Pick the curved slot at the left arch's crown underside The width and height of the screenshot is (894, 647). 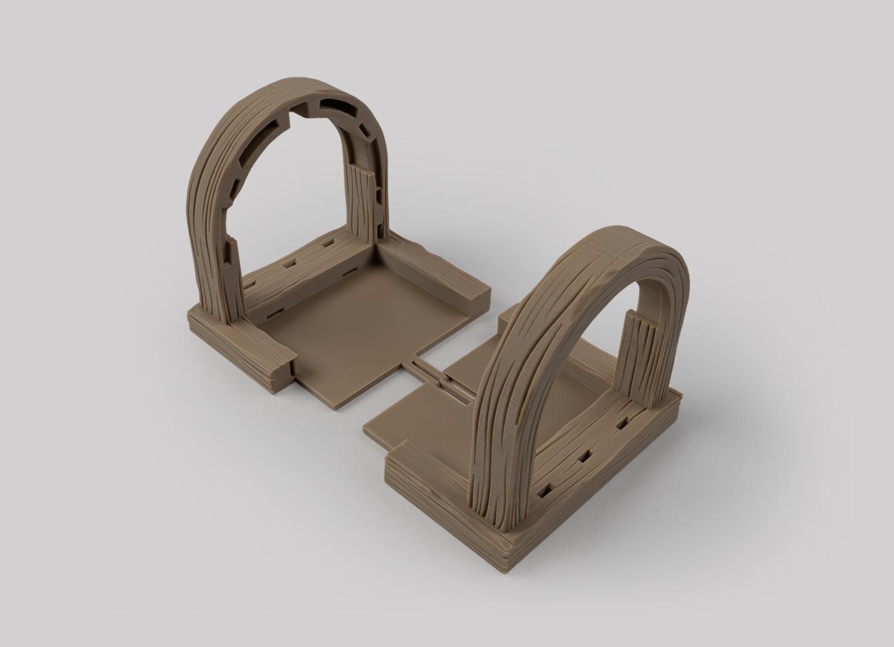(336, 103)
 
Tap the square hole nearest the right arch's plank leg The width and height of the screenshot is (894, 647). (622, 424)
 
